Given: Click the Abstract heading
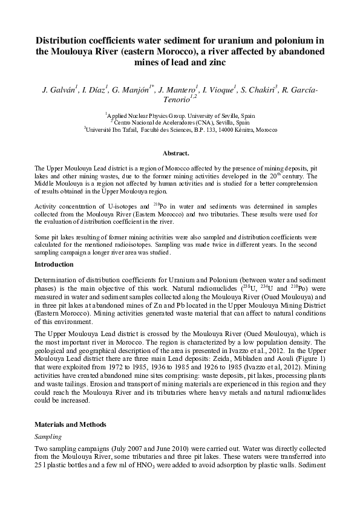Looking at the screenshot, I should tap(180, 154).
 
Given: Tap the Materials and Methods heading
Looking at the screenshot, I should tap(70, 424).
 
